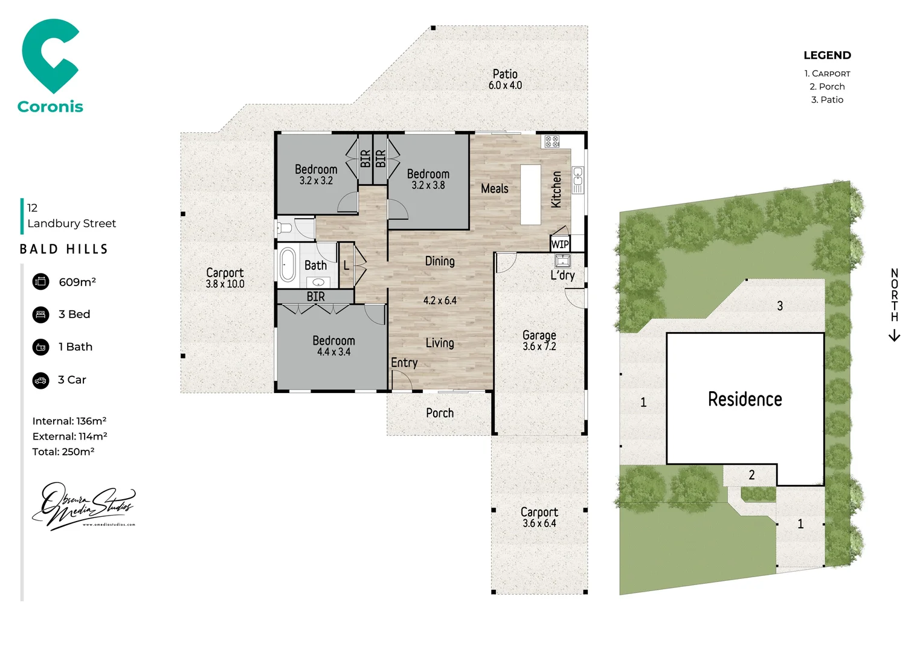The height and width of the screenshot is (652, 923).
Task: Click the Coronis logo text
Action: (x=50, y=107)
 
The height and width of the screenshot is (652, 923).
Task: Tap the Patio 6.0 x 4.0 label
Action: (x=505, y=80)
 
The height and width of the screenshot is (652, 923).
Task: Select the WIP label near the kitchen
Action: (x=560, y=244)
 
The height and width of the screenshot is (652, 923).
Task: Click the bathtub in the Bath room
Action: (x=288, y=265)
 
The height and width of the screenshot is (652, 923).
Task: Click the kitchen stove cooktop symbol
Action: (x=552, y=142)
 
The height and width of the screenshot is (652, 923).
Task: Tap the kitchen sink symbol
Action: (x=578, y=179)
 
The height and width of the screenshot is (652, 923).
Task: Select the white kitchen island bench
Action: (x=530, y=194)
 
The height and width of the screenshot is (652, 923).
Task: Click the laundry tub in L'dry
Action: (x=562, y=261)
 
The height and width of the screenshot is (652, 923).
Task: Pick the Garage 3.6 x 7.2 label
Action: (x=539, y=340)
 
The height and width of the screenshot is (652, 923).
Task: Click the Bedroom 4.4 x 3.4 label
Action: (x=333, y=346)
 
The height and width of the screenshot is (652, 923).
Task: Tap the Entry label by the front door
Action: (x=404, y=363)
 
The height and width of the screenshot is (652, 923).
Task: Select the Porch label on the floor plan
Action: (x=440, y=413)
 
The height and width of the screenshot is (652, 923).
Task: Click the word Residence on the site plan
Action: (x=745, y=399)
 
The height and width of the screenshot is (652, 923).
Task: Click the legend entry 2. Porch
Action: (x=827, y=86)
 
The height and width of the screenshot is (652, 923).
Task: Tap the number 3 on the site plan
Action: (x=780, y=306)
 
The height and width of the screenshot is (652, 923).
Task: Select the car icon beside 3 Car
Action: (x=40, y=380)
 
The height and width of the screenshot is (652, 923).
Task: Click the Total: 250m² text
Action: (x=63, y=452)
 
